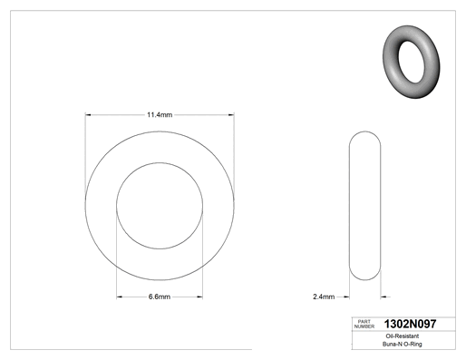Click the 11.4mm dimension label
click(160, 115)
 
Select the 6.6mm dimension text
click(160, 297)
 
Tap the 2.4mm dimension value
click(324, 297)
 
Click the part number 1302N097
click(410, 324)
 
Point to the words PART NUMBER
click(364, 324)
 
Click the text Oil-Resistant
click(403, 336)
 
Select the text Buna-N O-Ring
click(403, 344)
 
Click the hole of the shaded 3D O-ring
click(412, 62)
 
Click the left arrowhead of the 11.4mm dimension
click(88, 115)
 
